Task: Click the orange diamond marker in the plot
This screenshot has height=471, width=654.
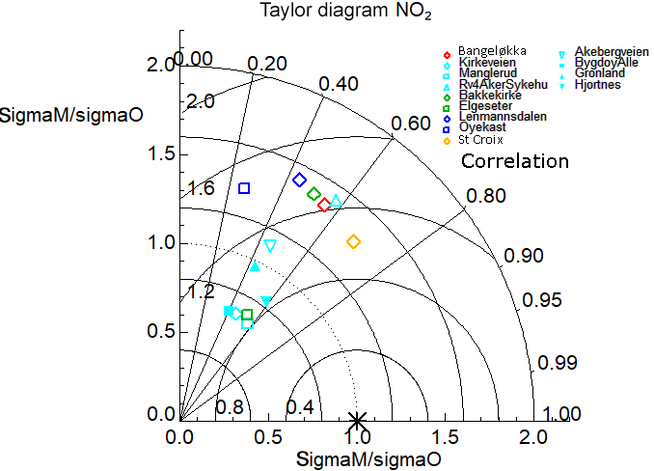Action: pyautogui.click(x=353, y=241)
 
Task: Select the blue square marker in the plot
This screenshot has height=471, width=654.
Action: pyautogui.click(x=244, y=188)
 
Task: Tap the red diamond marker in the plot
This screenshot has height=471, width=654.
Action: pyautogui.click(x=325, y=205)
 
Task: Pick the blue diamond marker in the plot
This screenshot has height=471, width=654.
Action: pyautogui.click(x=300, y=180)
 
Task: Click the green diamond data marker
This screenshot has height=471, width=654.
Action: pyautogui.click(x=313, y=194)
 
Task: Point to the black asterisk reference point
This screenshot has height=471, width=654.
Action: pyautogui.click(x=357, y=420)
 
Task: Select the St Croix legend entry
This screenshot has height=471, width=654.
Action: pyautogui.click(x=479, y=140)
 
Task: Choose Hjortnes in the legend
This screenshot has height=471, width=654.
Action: pyautogui.click(x=598, y=85)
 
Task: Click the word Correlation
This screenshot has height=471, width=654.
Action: pyautogui.click(x=515, y=161)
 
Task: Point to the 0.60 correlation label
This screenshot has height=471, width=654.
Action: pyautogui.click(x=411, y=124)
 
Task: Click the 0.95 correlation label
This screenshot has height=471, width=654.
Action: pyautogui.click(x=541, y=300)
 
